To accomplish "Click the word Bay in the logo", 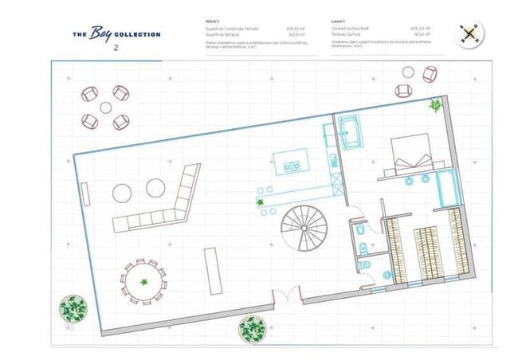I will [102, 33].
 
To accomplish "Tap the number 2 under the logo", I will [116, 49].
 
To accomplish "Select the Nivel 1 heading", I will [213, 20].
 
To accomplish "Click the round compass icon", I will [469, 33].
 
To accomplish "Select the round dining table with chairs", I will [143, 280].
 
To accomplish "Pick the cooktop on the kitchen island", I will [292, 166].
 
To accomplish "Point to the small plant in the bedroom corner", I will [436, 104].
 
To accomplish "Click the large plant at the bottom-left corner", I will [73, 308].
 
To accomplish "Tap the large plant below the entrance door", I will [253, 327].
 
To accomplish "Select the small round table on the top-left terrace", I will [105, 108].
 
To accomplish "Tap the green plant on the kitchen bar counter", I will [261, 202].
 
